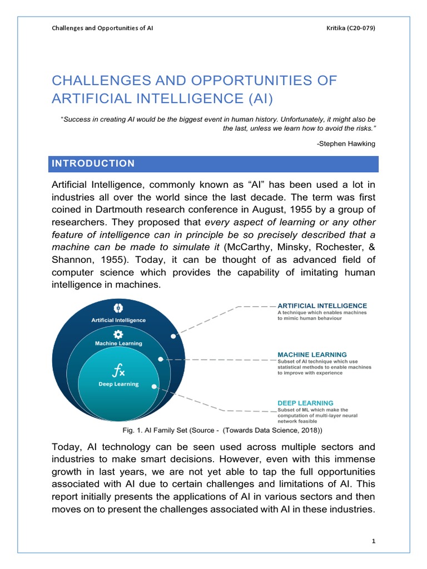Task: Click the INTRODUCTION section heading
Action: coord(93,163)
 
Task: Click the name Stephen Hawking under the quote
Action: coord(346,144)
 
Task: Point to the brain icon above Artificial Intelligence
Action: coord(118,308)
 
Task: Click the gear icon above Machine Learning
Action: coord(118,334)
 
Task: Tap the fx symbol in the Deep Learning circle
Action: coord(118,370)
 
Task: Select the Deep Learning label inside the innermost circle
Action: coord(118,384)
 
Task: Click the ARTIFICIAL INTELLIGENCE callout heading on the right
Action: coord(322,306)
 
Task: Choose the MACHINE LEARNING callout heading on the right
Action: coord(312,354)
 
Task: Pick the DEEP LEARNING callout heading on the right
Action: coord(305,403)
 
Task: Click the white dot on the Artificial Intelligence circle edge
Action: coord(173,336)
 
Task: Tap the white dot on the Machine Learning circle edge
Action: coord(161,360)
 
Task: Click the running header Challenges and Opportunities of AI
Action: coord(102,28)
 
